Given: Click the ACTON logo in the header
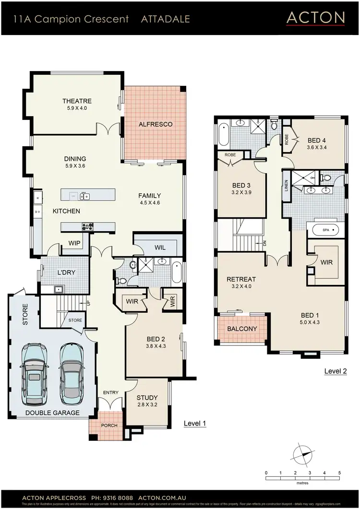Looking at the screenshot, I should coord(315,18).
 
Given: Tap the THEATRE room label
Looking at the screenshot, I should coord(77,101).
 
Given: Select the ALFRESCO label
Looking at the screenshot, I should coord(155,124).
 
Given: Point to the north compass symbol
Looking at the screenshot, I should coord(303,454).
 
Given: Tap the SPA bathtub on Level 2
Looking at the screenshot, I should coord(326,230).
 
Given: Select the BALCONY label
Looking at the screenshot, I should coord(242,329).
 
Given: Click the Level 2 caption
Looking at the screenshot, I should coord(335,371).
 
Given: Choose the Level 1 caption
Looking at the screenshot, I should coord(195,424).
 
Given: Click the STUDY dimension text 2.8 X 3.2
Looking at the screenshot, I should coord(147,405).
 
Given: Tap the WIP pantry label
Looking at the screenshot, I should coord(74,243).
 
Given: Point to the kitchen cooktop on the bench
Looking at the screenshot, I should coord(88,226).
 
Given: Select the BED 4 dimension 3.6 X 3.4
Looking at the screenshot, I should coord(317,148).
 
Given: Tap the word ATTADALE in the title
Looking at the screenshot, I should coord(166,19).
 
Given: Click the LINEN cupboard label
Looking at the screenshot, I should coord(287,185).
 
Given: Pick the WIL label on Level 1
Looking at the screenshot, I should coord(160,248).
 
